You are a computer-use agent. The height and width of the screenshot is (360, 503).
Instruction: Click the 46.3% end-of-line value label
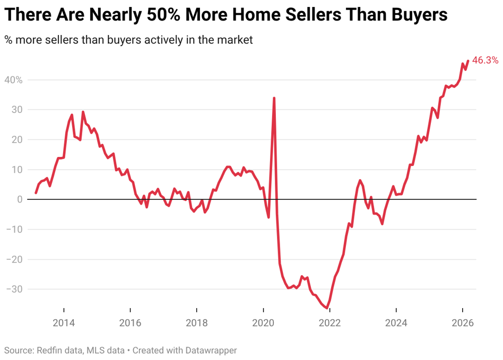(485, 60)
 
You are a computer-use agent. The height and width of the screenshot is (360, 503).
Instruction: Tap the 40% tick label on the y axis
(13, 80)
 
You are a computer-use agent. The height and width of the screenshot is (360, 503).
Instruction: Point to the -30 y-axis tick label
(14, 289)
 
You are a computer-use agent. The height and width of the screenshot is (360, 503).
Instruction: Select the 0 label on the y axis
(20, 199)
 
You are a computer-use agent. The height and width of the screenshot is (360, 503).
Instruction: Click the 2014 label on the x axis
(64, 322)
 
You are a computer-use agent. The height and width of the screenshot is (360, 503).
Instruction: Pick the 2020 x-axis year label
(263, 322)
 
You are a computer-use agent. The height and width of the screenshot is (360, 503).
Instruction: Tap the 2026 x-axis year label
(463, 322)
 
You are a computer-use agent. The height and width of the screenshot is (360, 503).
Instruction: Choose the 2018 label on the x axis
(197, 322)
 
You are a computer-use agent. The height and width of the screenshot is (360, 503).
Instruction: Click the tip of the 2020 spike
(274, 98)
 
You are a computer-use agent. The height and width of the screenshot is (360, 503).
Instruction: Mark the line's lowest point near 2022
(327, 308)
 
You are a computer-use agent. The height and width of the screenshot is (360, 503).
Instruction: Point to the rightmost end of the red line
(468, 60)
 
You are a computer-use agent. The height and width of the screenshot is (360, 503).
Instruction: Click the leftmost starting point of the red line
(36, 193)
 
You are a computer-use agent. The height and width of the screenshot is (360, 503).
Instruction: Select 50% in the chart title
(163, 14)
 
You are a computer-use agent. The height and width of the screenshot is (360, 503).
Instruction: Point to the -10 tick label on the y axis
(14, 229)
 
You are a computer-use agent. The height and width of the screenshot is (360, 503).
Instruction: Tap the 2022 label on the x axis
(330, 322)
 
